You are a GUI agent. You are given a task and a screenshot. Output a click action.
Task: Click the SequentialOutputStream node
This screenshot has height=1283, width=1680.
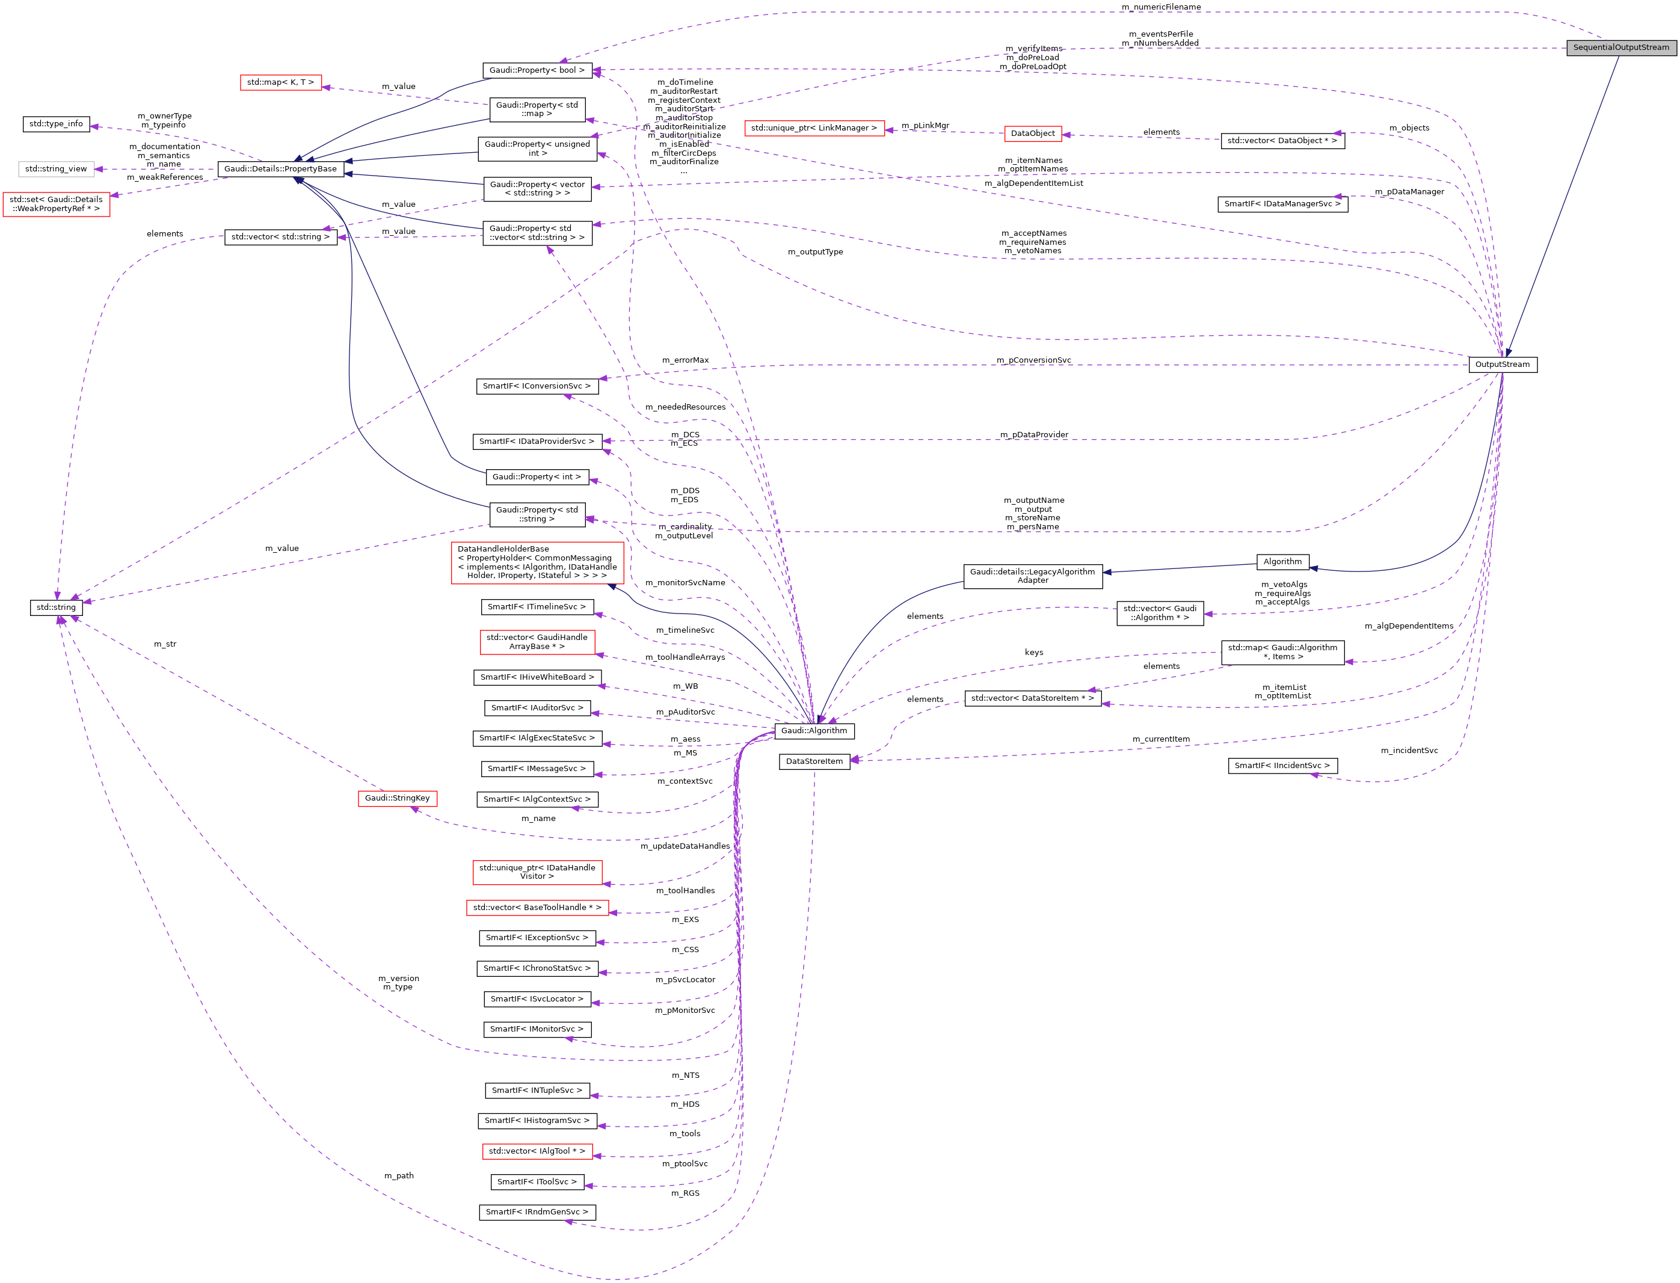coord(1620,48)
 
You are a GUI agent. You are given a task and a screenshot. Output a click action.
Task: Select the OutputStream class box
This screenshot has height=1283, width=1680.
coord(1501,365)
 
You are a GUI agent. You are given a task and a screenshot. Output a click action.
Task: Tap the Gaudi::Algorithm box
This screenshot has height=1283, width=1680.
coord(813,731)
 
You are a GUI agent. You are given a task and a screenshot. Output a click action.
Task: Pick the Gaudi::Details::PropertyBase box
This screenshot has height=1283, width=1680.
coord(280,169)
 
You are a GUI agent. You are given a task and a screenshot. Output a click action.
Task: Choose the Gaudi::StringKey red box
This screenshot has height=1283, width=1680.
coord(397,798)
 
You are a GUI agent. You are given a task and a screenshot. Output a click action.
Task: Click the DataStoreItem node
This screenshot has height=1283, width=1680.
coord(814,761)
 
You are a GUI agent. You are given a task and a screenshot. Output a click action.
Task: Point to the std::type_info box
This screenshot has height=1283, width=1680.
coord(56,124)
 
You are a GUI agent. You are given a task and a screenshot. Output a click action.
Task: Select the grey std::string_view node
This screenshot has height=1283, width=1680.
coord(56,169)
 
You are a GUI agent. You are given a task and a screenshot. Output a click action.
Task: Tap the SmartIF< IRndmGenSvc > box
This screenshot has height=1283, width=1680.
coord(537,1212)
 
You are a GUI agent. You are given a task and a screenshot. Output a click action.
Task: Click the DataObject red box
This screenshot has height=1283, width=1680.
coord(1032,134)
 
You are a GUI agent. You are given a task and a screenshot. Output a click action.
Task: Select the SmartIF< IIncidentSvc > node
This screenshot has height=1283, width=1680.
coord(1282,765)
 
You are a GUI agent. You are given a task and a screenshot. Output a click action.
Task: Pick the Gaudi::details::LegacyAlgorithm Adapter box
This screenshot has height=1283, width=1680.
coord(1032,576)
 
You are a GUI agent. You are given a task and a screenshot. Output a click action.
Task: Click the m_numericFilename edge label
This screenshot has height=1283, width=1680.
coord(1161,7)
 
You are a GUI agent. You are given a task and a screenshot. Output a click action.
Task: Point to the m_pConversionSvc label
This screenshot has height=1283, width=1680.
coord(1033,360)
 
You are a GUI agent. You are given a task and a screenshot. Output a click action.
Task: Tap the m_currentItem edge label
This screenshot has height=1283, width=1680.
coord(1161,739)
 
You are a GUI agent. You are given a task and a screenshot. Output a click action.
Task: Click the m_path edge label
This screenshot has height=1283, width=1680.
coord(399,1175)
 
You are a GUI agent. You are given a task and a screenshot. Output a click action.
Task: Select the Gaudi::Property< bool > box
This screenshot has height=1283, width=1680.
coord(537,70)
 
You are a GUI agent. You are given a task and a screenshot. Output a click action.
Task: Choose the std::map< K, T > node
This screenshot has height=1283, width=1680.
coord(280,82)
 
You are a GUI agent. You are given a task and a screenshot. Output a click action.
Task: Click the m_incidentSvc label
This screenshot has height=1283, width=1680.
coord(1409,751)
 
